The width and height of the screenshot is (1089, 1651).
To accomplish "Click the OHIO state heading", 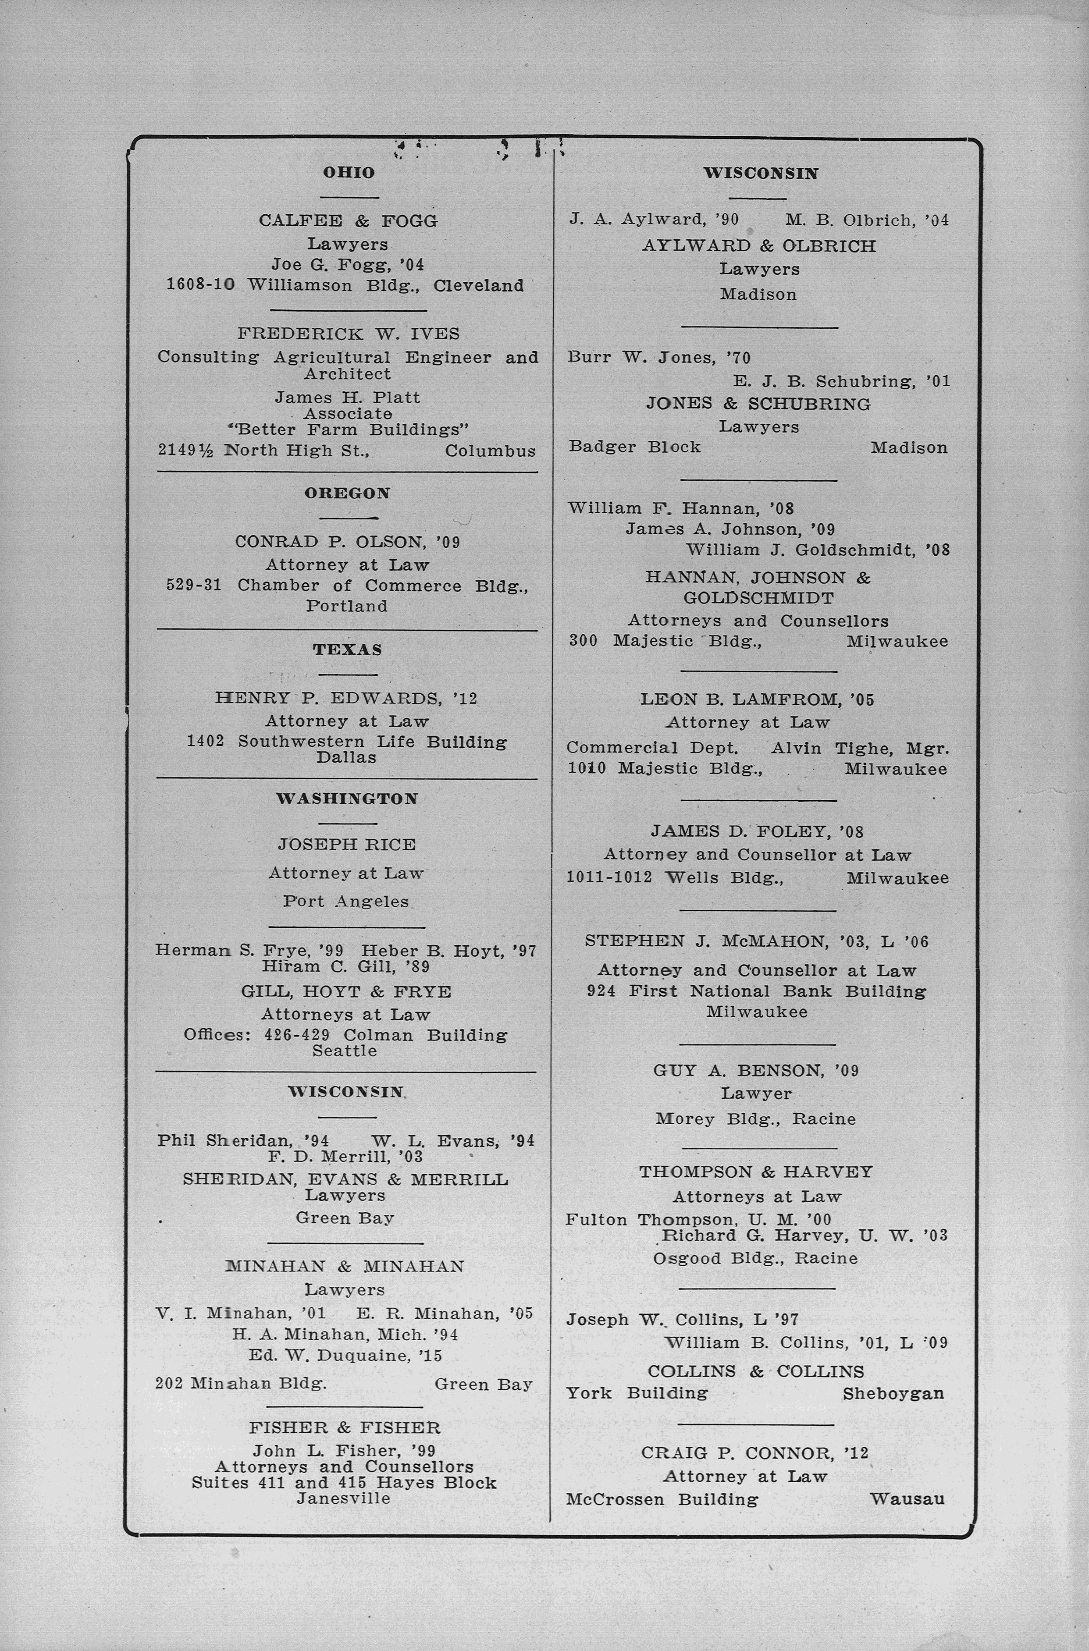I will (x=349, y=172).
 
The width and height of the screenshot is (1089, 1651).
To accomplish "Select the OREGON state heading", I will (x=347, y=494).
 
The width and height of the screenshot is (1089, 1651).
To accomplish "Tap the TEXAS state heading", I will (x=347, y=650).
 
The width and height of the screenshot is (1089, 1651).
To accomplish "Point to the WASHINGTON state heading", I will (x=347, y=799).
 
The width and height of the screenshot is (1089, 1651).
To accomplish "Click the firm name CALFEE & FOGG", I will (x=349, y=221).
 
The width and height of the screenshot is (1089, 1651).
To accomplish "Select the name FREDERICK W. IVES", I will (x=349, y=334).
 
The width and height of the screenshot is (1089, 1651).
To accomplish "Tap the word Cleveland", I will (x=479, y=285).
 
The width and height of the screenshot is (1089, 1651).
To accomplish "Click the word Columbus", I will (x=490, y=451).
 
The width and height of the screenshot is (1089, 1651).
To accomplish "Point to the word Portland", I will (x=347, y=606).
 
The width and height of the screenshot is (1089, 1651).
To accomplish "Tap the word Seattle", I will (x=345, y=1051).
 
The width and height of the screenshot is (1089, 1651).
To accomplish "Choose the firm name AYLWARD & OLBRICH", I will (x=759, y=246).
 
